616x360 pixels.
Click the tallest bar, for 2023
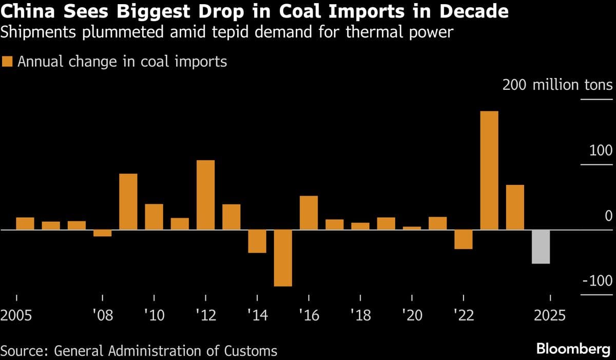[489, 170]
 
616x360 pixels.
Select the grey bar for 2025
[541, 247]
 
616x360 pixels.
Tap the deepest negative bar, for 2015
[283, 258]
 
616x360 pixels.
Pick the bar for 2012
[206, 195]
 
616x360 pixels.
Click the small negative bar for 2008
[103, 233]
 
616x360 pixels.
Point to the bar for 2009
[128, 201]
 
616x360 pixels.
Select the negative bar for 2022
[463, 239]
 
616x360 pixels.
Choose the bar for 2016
[309, 213]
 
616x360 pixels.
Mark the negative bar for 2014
[257, 241]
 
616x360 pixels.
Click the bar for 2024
[515, 207]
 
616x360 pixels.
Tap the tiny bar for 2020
[412, 228]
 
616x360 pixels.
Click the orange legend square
[7, 62]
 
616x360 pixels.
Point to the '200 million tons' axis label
[557, 85]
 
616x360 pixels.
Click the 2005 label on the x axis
[17, 315]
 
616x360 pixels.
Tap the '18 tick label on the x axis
[360, 315]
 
